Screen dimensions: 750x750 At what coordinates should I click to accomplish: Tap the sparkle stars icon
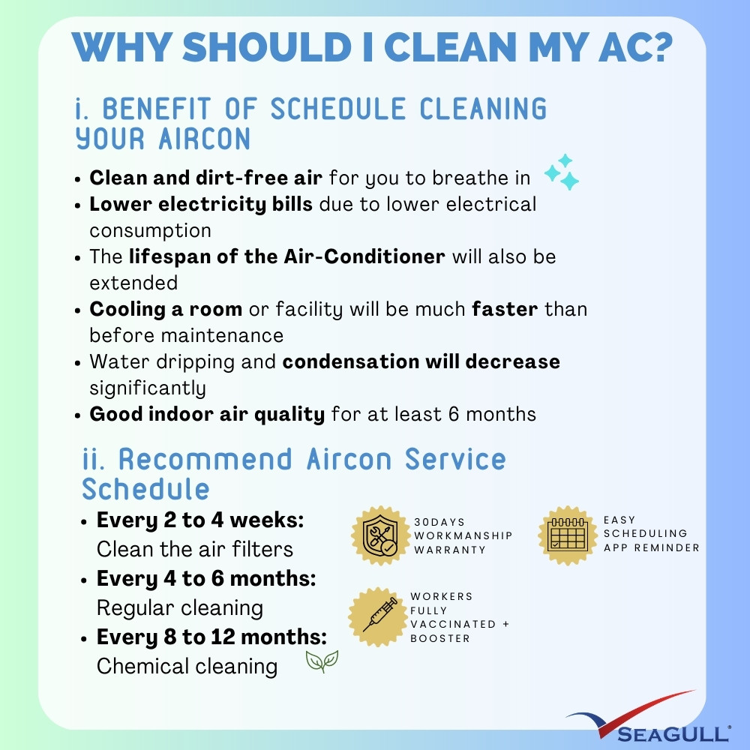pyautogui.click(x=562, y=172)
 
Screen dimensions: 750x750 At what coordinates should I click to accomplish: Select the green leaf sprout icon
pyautogui.click(x=322, y=661)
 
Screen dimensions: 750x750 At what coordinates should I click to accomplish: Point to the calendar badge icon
pyautogui.click(x=568, y=535)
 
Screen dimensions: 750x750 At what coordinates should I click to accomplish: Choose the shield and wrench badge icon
pyautogui.click(x=381, y=535)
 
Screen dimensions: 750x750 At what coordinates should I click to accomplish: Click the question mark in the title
pyautogui.click(x=660, y=47)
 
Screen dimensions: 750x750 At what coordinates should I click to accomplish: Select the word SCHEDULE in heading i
pyautogui.click(x=338, y=109)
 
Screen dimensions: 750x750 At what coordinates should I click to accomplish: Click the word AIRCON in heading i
pyautogui.click(x=204, y=139)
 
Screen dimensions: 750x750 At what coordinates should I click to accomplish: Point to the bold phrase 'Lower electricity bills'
pyautogui.click(x=201, y=205)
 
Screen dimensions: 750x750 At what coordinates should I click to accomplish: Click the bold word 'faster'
pyautogui.click(x=505, y=309)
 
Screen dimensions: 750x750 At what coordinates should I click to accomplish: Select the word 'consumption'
pyautogui.click(x=150, y=231)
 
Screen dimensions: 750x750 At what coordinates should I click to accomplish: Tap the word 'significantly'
pyautogui.click(x=148, y=388)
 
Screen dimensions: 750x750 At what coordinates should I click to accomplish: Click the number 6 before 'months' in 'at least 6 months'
pyautogui.click(x=454, y=414)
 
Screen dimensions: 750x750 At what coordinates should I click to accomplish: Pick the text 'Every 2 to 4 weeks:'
pyautogui.click(x=200, y=520)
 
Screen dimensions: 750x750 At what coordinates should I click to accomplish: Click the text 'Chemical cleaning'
pyautogui.click(x=187, y=666)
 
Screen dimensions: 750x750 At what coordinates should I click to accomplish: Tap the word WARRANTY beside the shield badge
pyautogui.click(x=450, y=550)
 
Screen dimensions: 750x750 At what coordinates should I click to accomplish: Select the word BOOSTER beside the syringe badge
pyautogui.click(x=440, y=638)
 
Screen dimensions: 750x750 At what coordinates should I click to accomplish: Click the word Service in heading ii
pyautogui.click(x=455, y=459)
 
